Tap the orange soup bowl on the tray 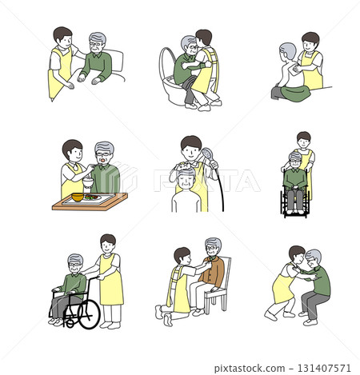[78, 197]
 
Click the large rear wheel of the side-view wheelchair [89, 314]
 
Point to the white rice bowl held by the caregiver [88, 182]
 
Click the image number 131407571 [324, 368]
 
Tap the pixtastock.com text [250, 369]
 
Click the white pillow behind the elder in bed [114, 61]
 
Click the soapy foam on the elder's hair [184, 167]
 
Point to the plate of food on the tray [92, 197]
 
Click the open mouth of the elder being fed [102, 162]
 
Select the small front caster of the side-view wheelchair [70, 323]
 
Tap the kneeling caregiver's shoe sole [159, 313]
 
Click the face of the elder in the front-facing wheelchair [295, 162]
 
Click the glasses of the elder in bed [95, 44]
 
